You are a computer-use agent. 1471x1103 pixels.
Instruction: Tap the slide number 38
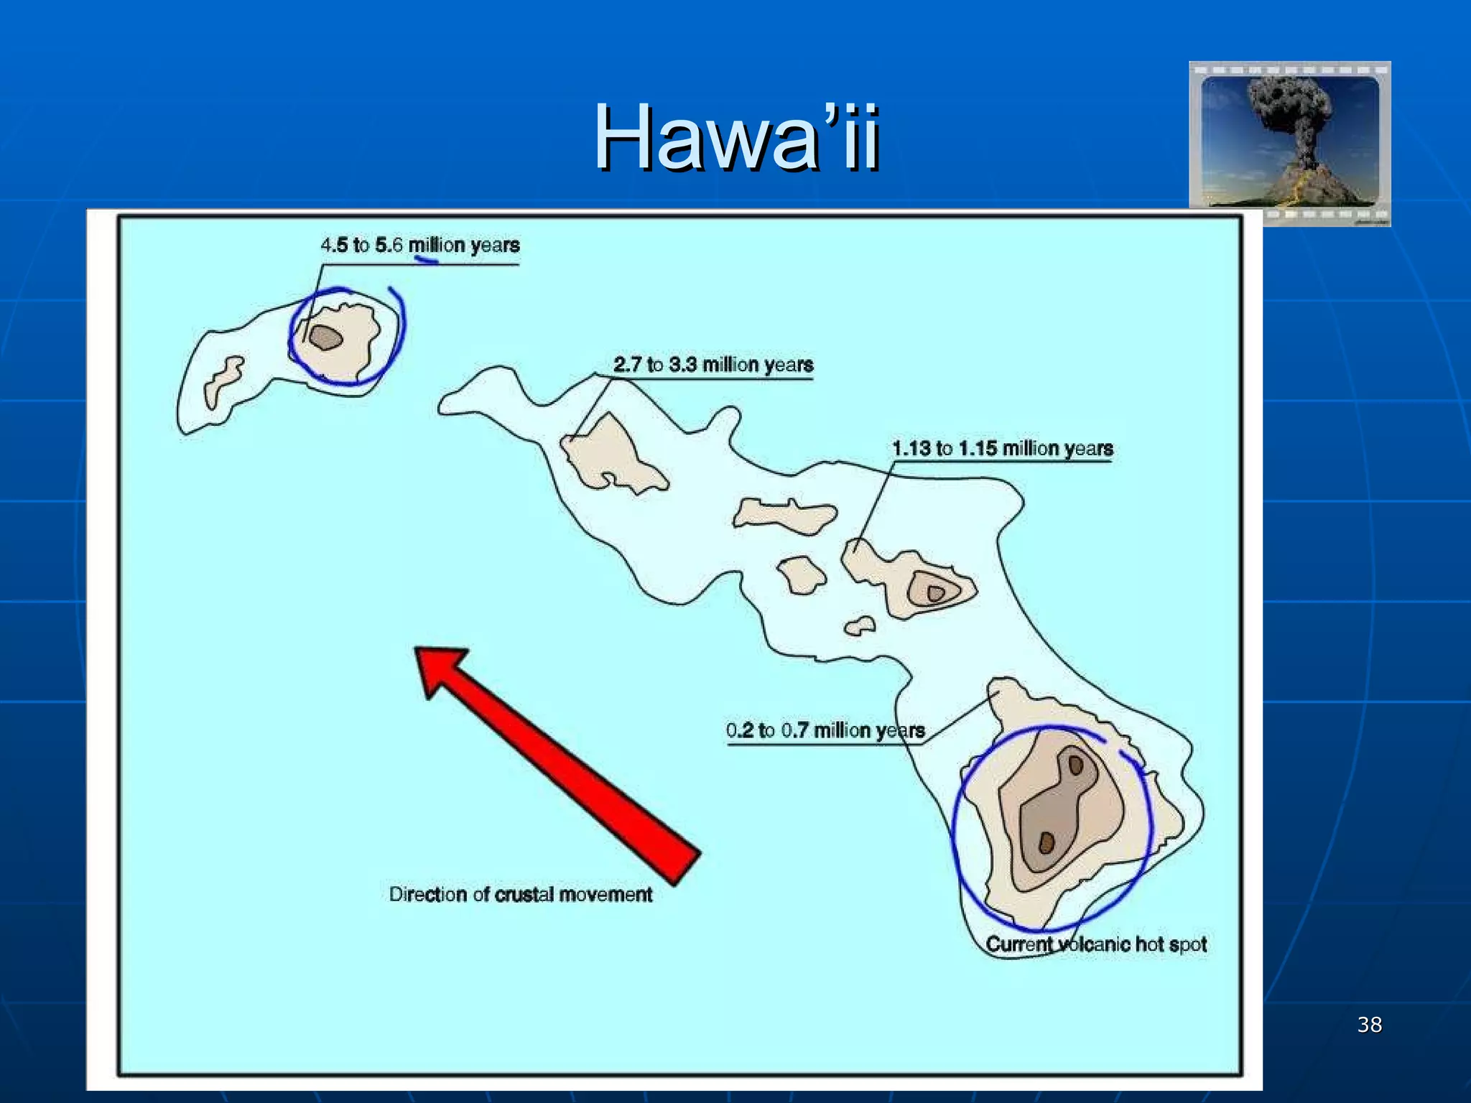[1369, 1025]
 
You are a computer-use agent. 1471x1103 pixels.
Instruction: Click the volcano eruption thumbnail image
[1290, 144]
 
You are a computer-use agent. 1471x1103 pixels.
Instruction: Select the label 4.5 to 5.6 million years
[419, 246]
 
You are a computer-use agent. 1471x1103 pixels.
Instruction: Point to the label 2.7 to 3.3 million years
[713, 365]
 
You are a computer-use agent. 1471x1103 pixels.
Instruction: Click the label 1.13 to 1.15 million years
[1002, 449]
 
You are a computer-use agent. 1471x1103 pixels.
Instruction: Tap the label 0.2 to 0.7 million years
[825, 731]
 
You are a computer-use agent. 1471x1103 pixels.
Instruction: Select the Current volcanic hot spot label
[1095, 944]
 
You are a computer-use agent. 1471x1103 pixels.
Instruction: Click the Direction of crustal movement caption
[520, 895]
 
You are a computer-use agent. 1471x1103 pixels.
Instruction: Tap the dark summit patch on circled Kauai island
[325, 338]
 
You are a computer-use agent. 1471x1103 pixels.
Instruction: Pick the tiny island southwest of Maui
[860, 626]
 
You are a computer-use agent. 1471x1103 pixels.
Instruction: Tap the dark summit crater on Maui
[935, 593]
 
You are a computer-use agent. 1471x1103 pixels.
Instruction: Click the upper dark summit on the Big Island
[1075, 765]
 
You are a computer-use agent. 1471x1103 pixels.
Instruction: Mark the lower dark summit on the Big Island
[1047, 843]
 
